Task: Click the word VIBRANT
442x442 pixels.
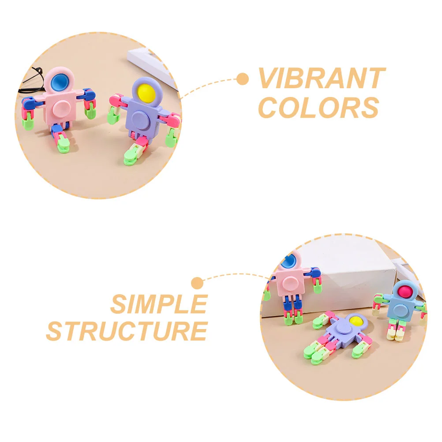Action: click(322, 79)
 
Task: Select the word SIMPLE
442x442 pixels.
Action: click(159, 304)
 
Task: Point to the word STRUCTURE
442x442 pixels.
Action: click(127, 331)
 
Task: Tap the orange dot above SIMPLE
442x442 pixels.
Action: click(197, 282)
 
